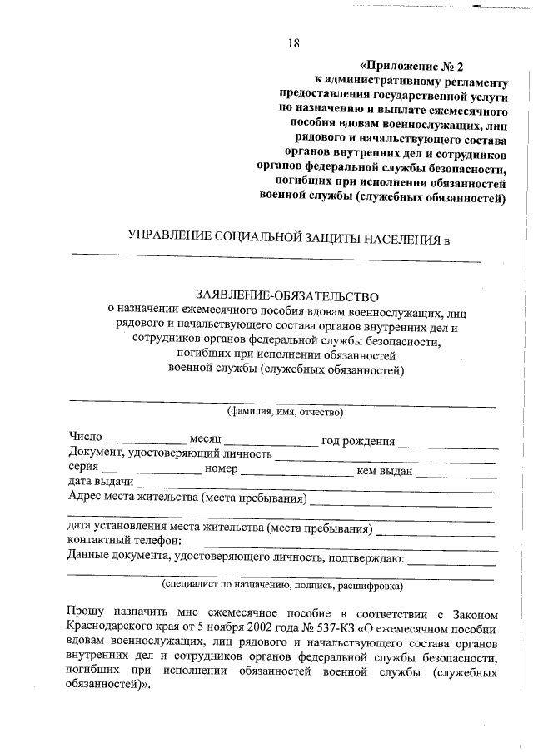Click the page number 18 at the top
coord(293,43)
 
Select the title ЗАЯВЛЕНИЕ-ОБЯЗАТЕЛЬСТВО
coord(286,295)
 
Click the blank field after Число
coord(145,440)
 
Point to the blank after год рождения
coord(446,440)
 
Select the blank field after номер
coord(297,469)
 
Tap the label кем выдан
coord(385,469)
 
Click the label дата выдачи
coord(101,483)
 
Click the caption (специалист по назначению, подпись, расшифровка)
coord(282,585)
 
